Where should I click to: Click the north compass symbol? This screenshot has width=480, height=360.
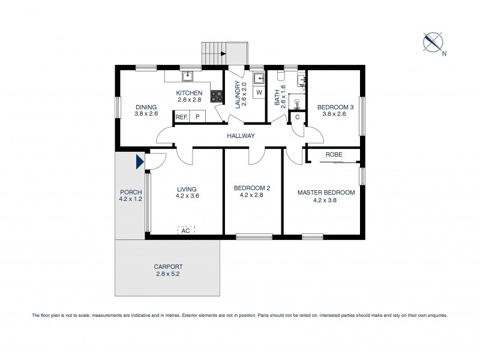coord(433,41)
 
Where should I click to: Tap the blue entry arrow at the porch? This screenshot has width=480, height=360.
coord(139,161)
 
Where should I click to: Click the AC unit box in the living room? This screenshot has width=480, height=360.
coord(185,230)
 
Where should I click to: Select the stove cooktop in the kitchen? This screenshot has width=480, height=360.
coord(217,97)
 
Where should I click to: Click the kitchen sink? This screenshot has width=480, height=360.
coord(187,76)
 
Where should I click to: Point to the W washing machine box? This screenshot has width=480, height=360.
coord(259,92)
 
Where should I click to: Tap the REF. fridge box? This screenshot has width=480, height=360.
coord(182,117)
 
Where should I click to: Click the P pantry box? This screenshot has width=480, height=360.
coord(197,117)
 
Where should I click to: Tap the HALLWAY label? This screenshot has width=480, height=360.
coord(241,136)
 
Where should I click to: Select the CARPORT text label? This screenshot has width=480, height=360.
coord(168,266)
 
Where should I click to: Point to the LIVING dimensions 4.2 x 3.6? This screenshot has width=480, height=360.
coord(187,196)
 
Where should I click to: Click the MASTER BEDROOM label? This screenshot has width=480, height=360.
coord(326,193)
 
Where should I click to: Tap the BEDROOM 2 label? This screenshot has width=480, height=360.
coord(251,188)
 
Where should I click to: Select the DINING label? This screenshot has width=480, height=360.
coord(146,106)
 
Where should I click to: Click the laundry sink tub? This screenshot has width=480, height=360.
coord(259,78)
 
